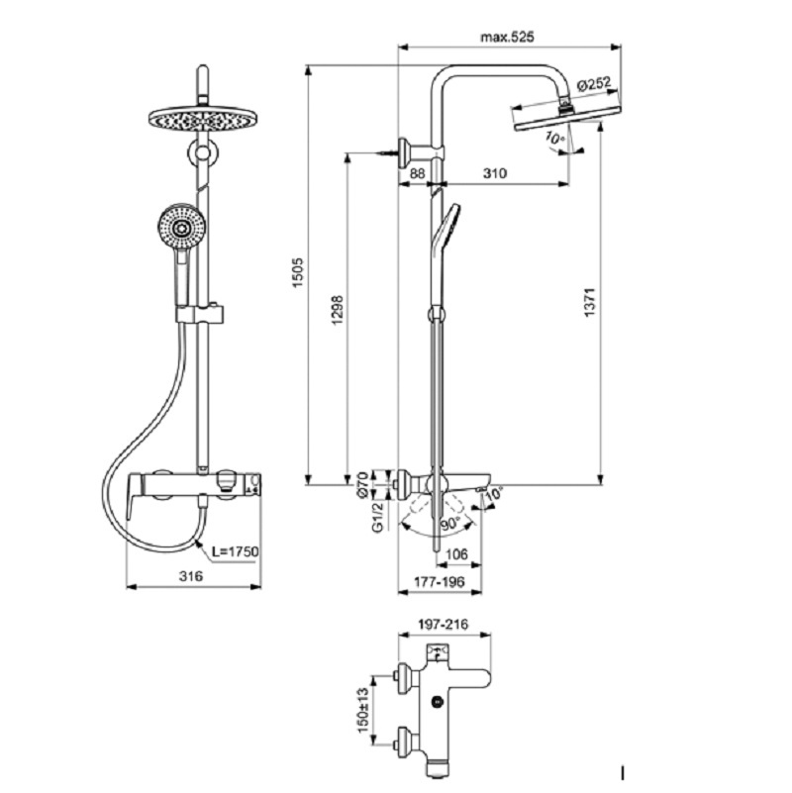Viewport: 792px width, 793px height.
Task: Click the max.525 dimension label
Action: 507,37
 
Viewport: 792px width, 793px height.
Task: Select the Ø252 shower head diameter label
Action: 593,83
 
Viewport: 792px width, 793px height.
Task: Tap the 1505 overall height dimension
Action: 297,273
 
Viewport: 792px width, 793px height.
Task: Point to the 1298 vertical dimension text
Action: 338,311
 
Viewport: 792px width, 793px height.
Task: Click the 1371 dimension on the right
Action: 590,302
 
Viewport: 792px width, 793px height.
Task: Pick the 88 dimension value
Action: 417,173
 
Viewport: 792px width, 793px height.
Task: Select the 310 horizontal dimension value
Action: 494,173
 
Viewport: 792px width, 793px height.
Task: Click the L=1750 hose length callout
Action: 236,550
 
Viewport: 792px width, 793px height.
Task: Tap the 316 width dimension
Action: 191,575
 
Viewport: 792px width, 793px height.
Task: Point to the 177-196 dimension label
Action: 439,582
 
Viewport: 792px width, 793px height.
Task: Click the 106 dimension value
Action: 456,554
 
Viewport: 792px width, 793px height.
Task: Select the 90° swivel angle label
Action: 450,524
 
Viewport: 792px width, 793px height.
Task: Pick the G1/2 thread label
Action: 378,517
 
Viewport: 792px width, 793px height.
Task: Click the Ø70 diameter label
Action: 362,484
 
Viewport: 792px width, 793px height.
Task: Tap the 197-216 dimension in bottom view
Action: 444,625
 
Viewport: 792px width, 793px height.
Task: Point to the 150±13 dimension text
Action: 362,710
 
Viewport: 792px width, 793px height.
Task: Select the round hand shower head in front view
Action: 181,228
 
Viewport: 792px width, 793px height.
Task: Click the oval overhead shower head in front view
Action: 203,119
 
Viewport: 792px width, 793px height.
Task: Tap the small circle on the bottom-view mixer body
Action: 437,702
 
